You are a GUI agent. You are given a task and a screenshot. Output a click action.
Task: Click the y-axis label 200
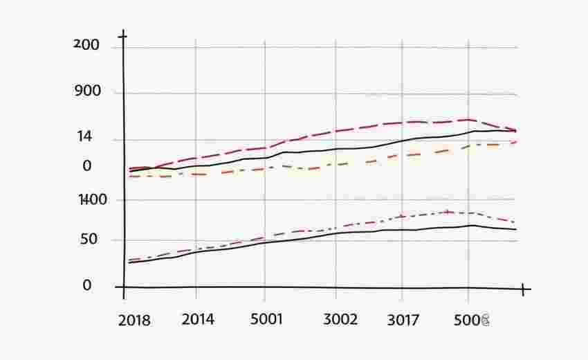[x=86, y=46]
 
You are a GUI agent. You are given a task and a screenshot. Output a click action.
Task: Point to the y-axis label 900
[x=87, y=91]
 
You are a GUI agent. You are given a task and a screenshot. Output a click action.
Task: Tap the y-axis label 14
[x=85, y=137]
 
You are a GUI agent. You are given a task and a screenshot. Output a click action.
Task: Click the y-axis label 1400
[x=93, y=200]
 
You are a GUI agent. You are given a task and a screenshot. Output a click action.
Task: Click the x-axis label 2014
[x=198, y=319]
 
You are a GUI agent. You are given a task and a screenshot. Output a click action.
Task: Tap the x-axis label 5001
[x=266, y=319]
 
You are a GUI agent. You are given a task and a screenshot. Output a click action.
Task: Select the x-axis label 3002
[x=341, y=319]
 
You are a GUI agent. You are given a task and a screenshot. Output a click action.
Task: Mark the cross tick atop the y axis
[x=123, y=35]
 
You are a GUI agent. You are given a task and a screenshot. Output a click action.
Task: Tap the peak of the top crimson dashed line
[x=469, y=119]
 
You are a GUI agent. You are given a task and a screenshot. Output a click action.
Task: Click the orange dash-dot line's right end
[x=517, y=142]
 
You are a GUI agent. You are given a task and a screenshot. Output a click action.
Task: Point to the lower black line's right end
[x=517, y=229]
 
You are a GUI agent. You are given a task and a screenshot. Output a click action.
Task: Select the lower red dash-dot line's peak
[x=448, y=212]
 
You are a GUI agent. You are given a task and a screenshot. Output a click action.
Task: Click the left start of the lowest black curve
[x=129, y=263]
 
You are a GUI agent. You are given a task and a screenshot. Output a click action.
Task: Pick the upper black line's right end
[x=517, y=131]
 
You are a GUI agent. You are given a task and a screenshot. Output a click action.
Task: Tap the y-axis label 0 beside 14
[x=86, y=166]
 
